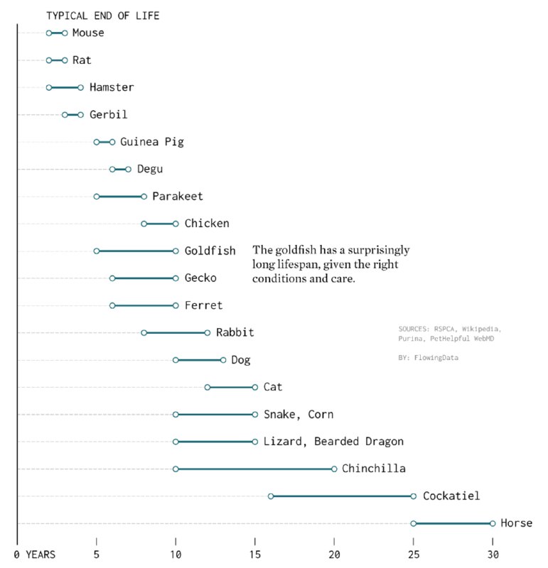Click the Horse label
(x=516, y=523)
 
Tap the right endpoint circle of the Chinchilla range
(x=334, y=469)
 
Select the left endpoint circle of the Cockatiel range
(x=271, y=496)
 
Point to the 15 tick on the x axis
(x=254, y=554)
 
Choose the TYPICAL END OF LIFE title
(x=102, y=15)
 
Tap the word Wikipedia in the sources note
(x=478, y=329)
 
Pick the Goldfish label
(x=210, y=251)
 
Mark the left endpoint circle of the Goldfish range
(x=97, y=251)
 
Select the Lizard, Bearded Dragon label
(x=333, y=442)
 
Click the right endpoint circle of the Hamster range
(x=80, y=87)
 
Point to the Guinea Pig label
(x=152, y=142)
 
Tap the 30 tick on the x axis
(x=492, y=554)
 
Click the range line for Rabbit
(x=176, y=332)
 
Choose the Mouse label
(x=88, y=33)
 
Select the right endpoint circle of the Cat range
(x=254, y=387)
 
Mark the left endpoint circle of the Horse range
(x=413, y=523)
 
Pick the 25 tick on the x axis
(x=413, y=554)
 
